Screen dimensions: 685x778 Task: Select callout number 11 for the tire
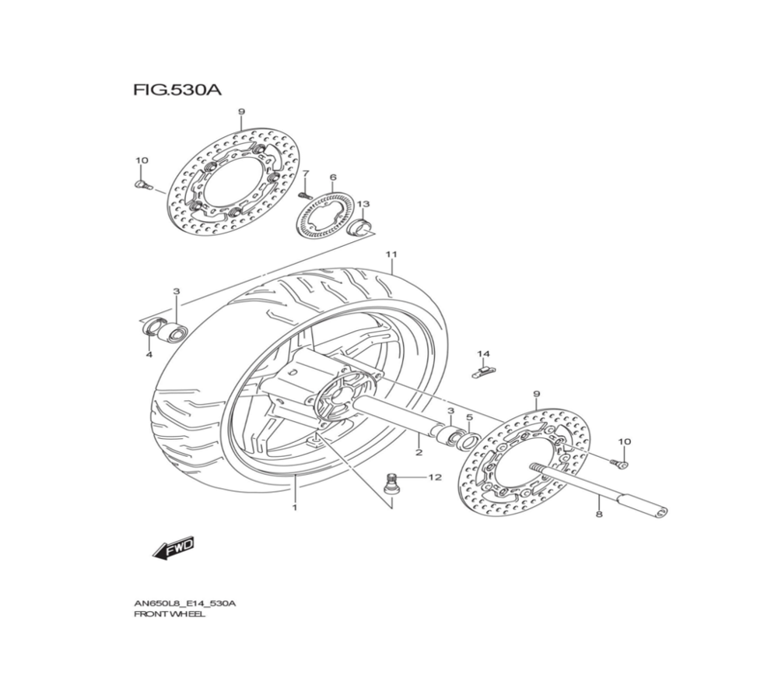pyautogui.click(x=391, y=255)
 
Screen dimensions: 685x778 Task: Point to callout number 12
pyautogui.click(x=434, y=477)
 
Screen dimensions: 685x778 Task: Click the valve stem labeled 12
pyautogui.click(x=394, y=482)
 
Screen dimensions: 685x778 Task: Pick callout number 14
pyautogui.click(x=483, y=354)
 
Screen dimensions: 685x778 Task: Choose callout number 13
pyautogui.click(x=363, y=204)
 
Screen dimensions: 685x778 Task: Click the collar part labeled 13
pyautogui.click(x=360, y=227)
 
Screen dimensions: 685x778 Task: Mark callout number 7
pyautogui.click(x=306, y=173)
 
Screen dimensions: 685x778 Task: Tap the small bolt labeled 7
pyautogui.click(x=303, y=192)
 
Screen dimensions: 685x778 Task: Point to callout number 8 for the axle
pyautogui.click(x=598, y=515)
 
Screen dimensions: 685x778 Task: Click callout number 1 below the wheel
pyautogui.click(x=295, y=507)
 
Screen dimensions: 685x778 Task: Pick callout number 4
pyautogui.click(x=149, y=355)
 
